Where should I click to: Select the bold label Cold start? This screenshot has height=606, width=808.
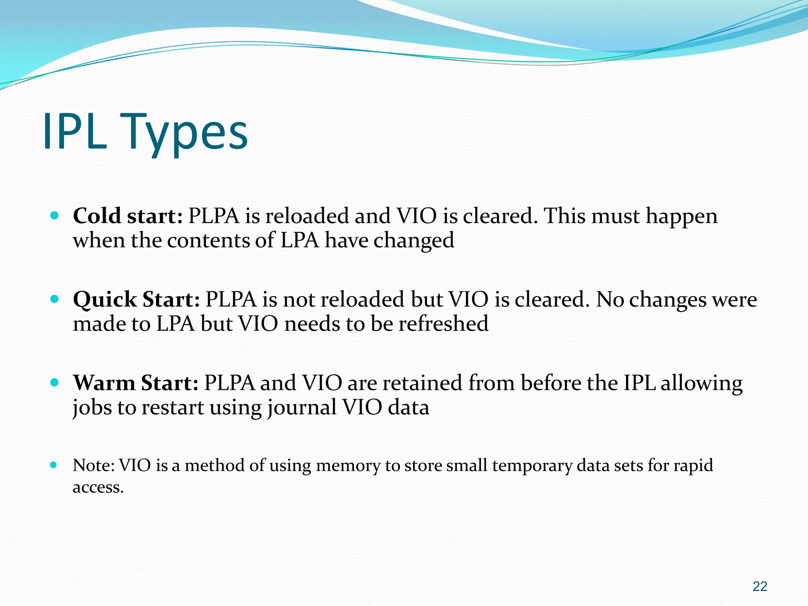tap(128, 216)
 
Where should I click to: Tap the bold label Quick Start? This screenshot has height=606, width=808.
tap(137, 299)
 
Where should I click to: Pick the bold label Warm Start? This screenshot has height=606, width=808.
tap(136, 383)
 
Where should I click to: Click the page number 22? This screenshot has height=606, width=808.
tap(759, 586)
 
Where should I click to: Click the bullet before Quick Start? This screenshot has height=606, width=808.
tap(55, 299)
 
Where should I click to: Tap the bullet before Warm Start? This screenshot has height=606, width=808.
tap(55, 382)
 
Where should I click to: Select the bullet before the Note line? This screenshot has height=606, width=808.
tap(54, 465)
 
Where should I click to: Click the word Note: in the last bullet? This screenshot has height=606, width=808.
tap(94, 466)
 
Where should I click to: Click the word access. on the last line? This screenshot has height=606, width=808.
tap(98, 488)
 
